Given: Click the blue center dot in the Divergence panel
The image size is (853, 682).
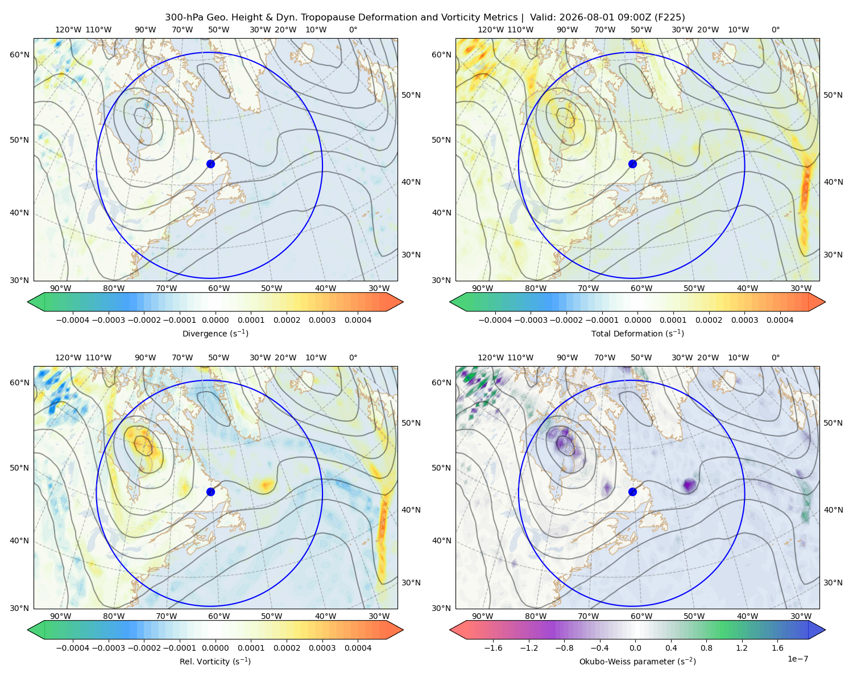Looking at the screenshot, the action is point(210,164).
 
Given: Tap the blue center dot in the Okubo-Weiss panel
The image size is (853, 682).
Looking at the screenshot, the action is point(632,492).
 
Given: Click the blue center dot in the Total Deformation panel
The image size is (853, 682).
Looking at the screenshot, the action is point(632,164).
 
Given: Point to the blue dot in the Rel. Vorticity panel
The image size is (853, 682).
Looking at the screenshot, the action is point(210,492).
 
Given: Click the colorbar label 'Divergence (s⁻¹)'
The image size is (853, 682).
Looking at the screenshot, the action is point(215,333).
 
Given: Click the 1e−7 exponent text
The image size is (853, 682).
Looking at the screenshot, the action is point(797,659).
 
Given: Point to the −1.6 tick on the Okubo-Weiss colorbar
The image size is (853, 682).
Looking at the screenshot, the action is point(493,648).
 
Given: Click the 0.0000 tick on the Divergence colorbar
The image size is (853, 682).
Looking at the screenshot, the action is point(215,320).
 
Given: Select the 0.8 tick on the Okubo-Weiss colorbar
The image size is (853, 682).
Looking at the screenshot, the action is point(706,648).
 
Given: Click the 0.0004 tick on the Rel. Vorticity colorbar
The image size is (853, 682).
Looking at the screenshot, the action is point(358,648).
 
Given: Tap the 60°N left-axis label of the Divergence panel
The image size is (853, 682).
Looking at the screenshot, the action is point(19,55).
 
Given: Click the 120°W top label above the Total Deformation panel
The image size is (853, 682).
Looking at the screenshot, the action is point(491,30).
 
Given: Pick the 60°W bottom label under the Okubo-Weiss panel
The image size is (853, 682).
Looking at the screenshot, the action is point(641,616).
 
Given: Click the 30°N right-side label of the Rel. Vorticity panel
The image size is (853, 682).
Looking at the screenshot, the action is point(411,583).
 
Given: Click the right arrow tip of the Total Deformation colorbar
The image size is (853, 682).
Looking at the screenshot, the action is point(825,302).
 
